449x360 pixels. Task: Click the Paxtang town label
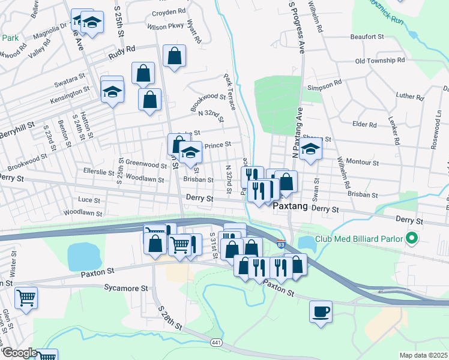tap(291, 206)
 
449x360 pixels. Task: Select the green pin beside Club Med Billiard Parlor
tap(411, 239)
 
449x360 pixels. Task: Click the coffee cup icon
tap(321, 311)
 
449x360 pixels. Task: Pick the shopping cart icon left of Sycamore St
tap(26, 297)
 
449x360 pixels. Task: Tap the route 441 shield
tap(216, 342)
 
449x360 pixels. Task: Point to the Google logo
tap(19, 353)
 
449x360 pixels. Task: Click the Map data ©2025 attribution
tap(423, 355)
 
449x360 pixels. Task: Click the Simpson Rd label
tap(324, 82)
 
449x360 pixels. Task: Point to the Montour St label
tap(363, 163)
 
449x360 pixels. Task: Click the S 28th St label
tap(170, 317)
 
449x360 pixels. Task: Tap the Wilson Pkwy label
tap(165, 26)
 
